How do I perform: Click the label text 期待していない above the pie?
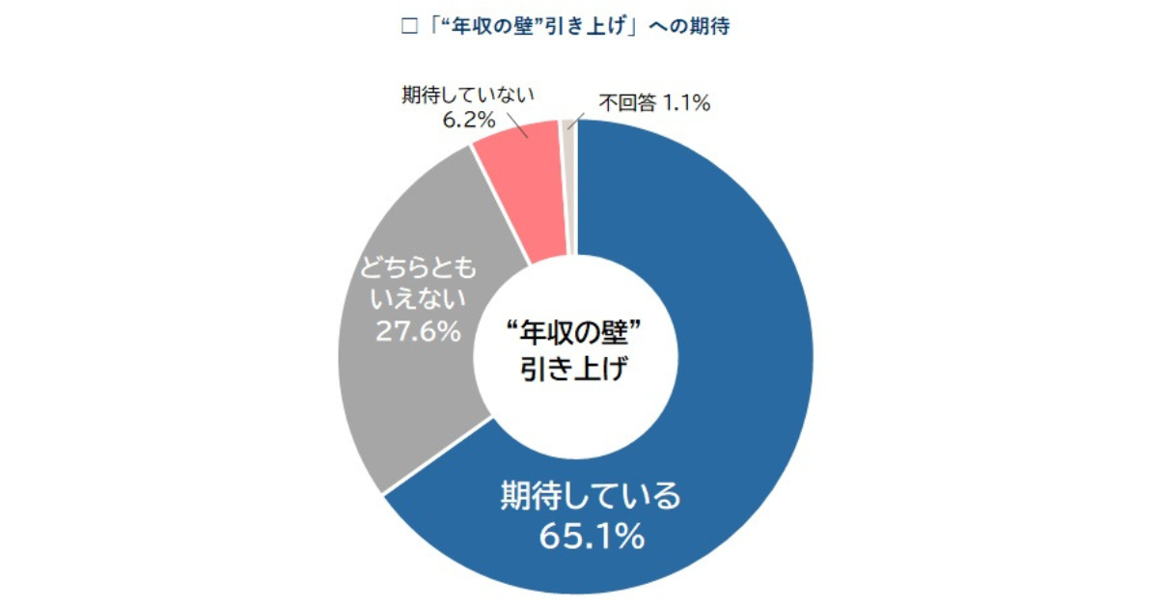click(468, 96)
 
